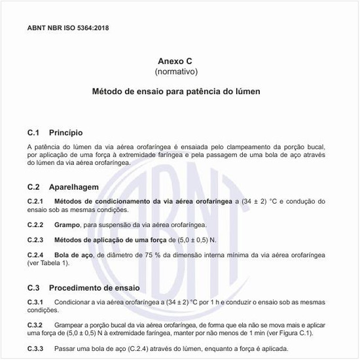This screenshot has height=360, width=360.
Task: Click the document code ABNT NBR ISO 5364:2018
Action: [x=68, y=28]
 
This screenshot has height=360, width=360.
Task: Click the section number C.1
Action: [x=34, y=133]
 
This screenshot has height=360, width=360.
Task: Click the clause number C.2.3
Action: [x=35, y=240]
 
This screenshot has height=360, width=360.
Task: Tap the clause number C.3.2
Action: [x=35, y=325]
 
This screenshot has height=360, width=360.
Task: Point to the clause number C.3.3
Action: [x=35, y=348]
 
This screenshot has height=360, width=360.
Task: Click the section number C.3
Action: [x=34, y=287]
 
